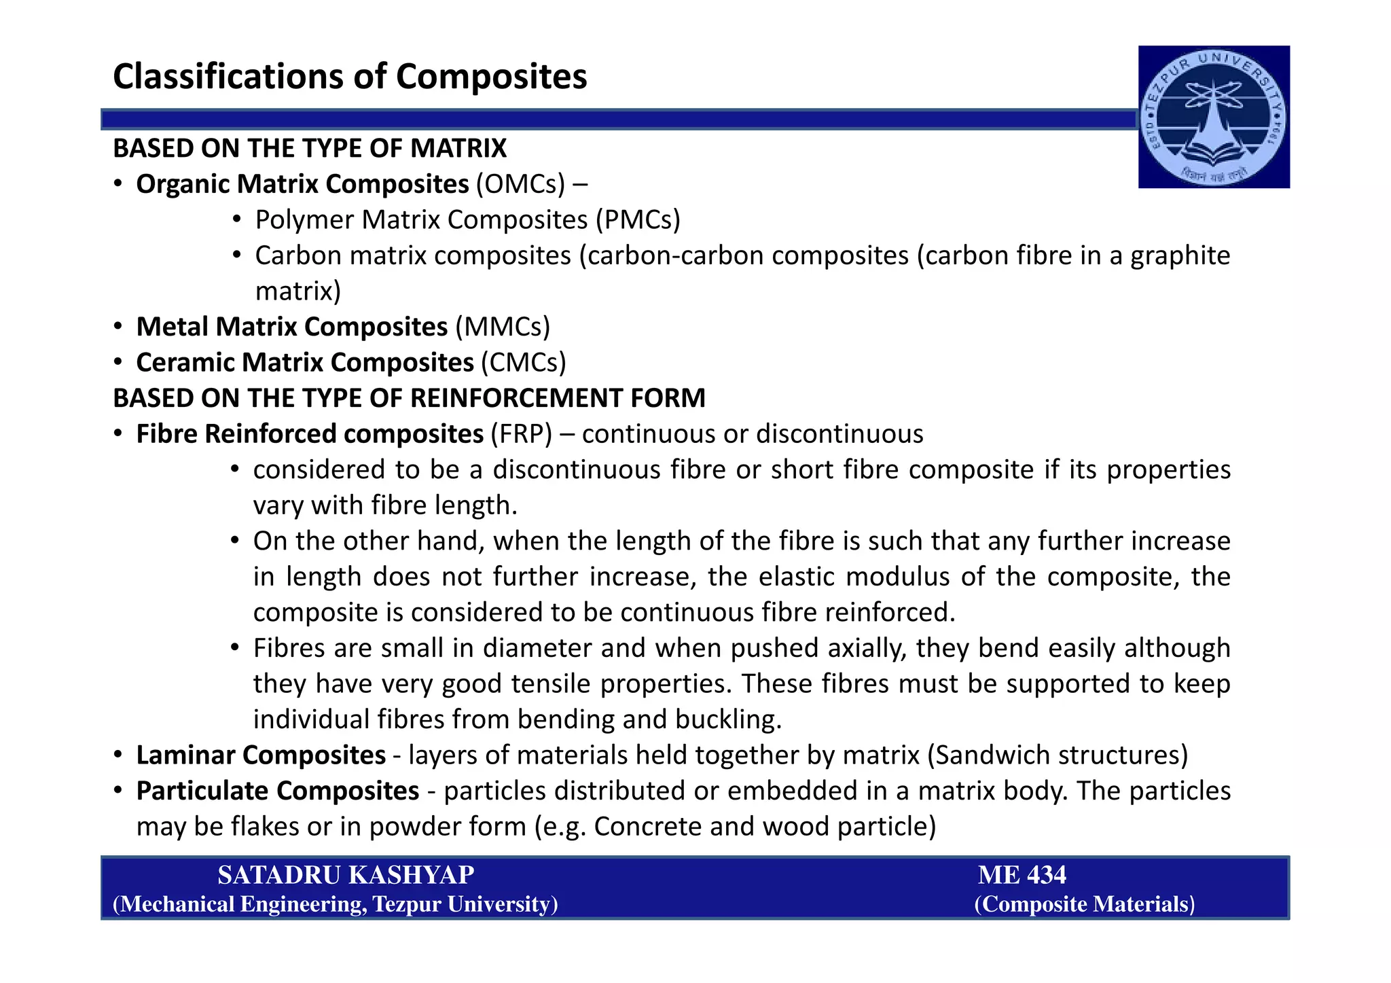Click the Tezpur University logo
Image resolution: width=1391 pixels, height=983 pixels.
1214,117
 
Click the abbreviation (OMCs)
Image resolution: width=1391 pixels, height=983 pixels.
520,184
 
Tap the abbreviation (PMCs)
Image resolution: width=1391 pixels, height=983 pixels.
638,220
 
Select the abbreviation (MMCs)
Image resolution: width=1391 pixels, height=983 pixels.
503,327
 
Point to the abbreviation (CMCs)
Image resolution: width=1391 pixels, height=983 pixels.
523,363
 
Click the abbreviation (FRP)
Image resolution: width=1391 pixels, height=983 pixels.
521,434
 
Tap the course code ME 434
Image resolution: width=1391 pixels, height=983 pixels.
1022,875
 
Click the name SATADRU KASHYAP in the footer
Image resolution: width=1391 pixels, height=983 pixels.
346,875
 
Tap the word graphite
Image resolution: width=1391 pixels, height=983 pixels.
1180,255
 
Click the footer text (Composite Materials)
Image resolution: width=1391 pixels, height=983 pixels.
1084,904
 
